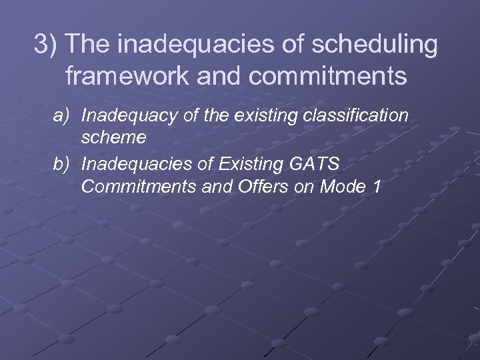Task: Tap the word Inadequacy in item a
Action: [x=123, y=116]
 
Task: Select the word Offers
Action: [x=257, y=187]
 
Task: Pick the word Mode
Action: [x=340, y=187]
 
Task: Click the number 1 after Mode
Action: [x=377, y=187]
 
